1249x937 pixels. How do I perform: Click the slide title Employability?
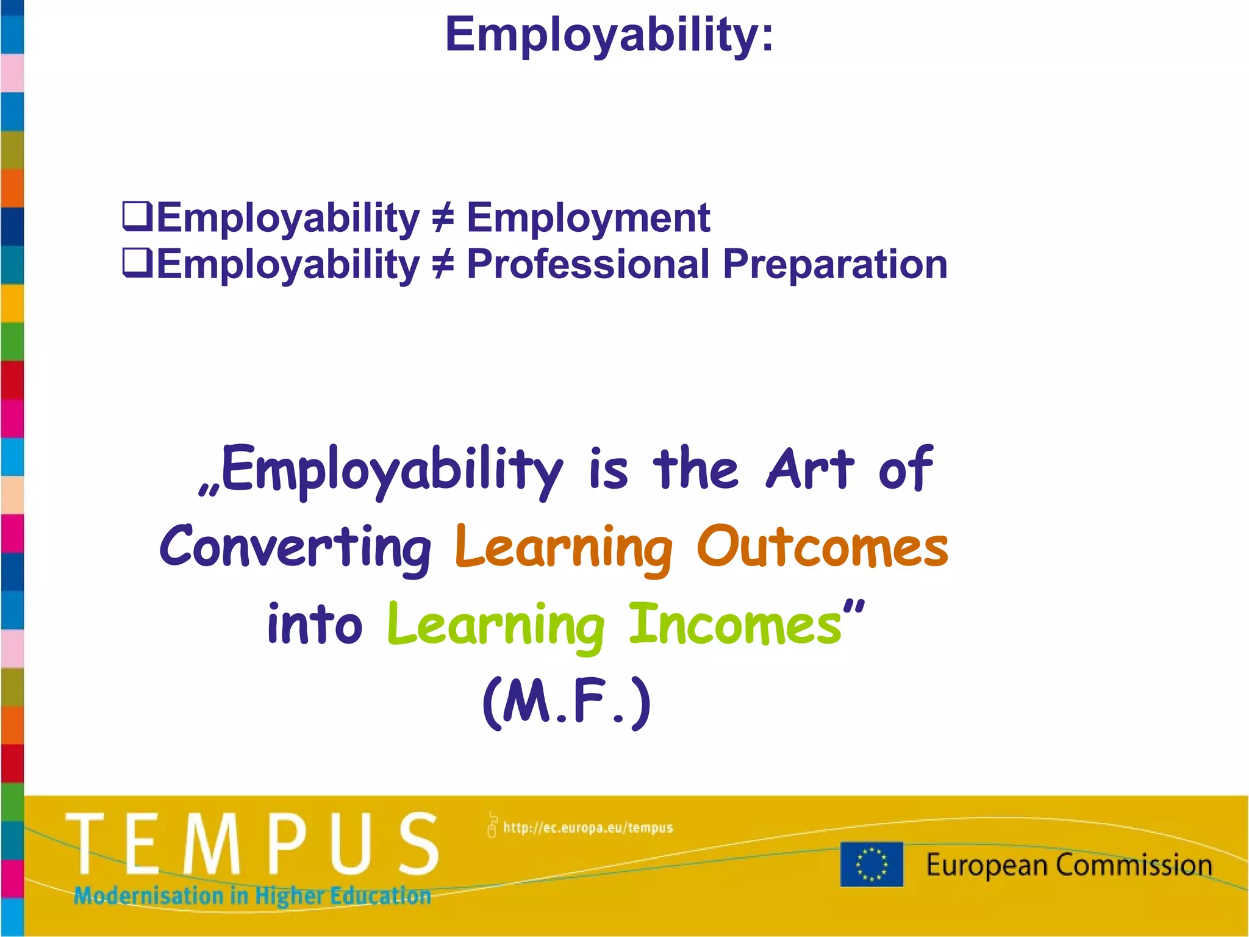[x=609, y=35]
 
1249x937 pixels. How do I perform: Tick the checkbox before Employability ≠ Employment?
[x=137, y=217]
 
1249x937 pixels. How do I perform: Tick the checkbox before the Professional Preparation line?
[x=137, y=263]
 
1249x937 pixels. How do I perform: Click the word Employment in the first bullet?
[x=588, y=218]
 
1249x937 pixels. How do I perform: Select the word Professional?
[x=588, y=265]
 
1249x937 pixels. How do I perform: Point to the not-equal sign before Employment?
[x=443, y=218]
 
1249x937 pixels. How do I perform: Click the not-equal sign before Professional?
[x=443, y=265]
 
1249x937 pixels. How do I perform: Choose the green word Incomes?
[x=735, y=624]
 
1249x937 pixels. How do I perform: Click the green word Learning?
[x=495, y=626]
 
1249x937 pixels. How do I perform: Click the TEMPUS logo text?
[x=252, y=844]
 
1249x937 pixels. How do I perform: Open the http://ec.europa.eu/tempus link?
[x=587, y=828]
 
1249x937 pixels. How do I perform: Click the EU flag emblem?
[x=871, y=864]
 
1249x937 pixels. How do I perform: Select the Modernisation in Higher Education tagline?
[x=252, y=896]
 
